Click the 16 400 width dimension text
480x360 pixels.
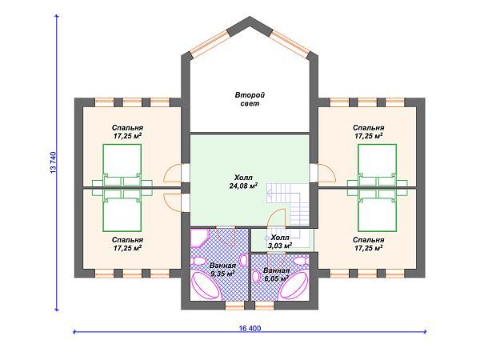click(x=250, y=328)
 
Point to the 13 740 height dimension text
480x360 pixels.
click(x=54, y=162)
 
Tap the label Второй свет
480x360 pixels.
click(x=250, y=99)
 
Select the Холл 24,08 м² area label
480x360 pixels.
click(x=243, y=182)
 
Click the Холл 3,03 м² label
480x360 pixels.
click(x=280, y=242)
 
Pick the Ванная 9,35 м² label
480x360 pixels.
click(x=222, y=270)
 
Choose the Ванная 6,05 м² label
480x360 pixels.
click(x=276, y=274)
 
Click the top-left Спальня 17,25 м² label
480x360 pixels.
click(x=127, y=132)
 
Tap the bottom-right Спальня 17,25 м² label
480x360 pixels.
click(x=369, y=244)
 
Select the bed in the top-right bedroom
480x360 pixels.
click(x=377, y=165)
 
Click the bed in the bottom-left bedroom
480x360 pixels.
click(x=122, y=210)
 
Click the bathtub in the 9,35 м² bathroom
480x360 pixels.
click(x=206, y=286)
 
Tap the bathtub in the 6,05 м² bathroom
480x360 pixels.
click(x=294, y=285)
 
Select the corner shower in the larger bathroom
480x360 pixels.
click(x=199, y=238)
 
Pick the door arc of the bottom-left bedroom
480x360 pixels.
click(x=172, y=202)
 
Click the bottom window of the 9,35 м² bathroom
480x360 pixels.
click(x=235, y=306)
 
